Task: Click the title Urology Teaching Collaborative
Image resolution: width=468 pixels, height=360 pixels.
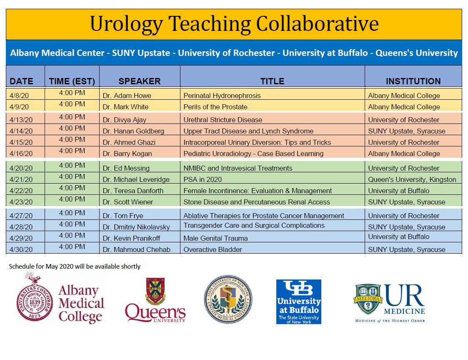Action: coord(234,24)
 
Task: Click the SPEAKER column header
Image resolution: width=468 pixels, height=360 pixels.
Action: coord(139,81)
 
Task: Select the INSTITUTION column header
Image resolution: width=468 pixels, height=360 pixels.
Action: coord(413,81)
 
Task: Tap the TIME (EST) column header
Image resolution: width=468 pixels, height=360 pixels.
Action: coord(72,81)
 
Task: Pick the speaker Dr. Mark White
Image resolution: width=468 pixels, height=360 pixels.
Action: coord(125,107)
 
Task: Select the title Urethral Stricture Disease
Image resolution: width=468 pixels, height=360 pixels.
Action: coord(223,120)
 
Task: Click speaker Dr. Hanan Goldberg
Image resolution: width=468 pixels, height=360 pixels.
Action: coord(133,131)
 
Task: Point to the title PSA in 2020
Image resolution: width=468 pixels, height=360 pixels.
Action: coord(203,180)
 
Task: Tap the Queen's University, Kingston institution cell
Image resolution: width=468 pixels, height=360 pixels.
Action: coord(412,180)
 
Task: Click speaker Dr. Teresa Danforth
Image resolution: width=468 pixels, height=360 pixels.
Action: coord(133,191)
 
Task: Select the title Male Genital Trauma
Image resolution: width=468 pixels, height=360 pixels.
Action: coord(215,239)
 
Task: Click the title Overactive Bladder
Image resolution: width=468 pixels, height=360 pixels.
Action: coord(213,250)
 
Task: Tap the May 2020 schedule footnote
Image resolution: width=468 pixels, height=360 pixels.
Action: coord(75,266)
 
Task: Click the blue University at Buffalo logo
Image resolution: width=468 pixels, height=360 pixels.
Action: coord(298,302)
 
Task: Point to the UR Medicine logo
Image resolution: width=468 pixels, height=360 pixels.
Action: coord(390,303)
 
